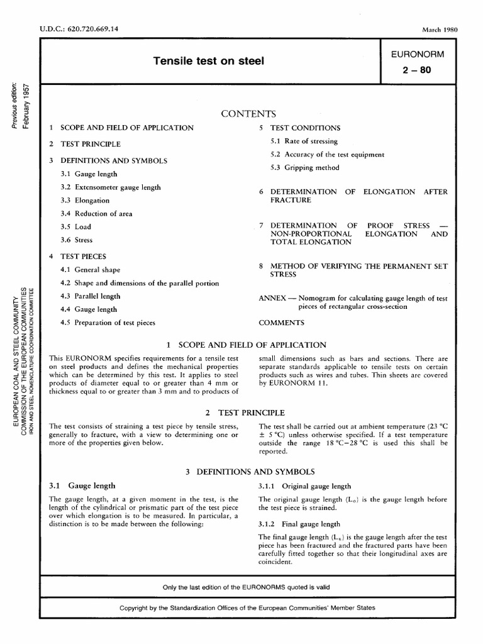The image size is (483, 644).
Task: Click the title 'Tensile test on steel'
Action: coord(209,61)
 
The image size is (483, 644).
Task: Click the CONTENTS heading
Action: coord(248,114)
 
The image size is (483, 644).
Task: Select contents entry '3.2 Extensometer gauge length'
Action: coord(111,187)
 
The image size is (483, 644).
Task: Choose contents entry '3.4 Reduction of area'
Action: coord(96,214)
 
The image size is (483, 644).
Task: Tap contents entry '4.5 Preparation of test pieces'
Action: coord(108,323)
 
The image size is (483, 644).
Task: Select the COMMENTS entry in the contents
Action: coord(281,323)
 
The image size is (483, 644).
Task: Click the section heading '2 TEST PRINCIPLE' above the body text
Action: coord(245,413)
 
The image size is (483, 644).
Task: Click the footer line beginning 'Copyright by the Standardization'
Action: coord(247,608)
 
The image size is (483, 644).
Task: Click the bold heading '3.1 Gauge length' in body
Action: coord(82,486)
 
